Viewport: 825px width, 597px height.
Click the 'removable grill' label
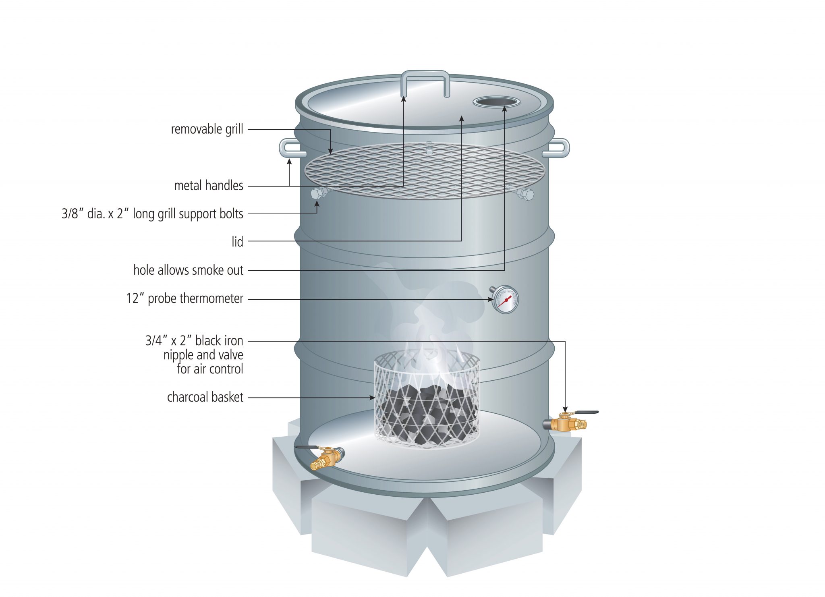(207, 129)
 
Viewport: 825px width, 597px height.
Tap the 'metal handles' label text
(208, 186)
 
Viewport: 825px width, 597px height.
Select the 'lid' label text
(237, 242)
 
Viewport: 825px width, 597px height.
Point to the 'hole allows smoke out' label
(188, 270)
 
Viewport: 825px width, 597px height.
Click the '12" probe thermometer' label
(184, 298)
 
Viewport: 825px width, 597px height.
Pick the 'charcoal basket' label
(205, 397)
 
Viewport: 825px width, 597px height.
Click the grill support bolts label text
(152, 214)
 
